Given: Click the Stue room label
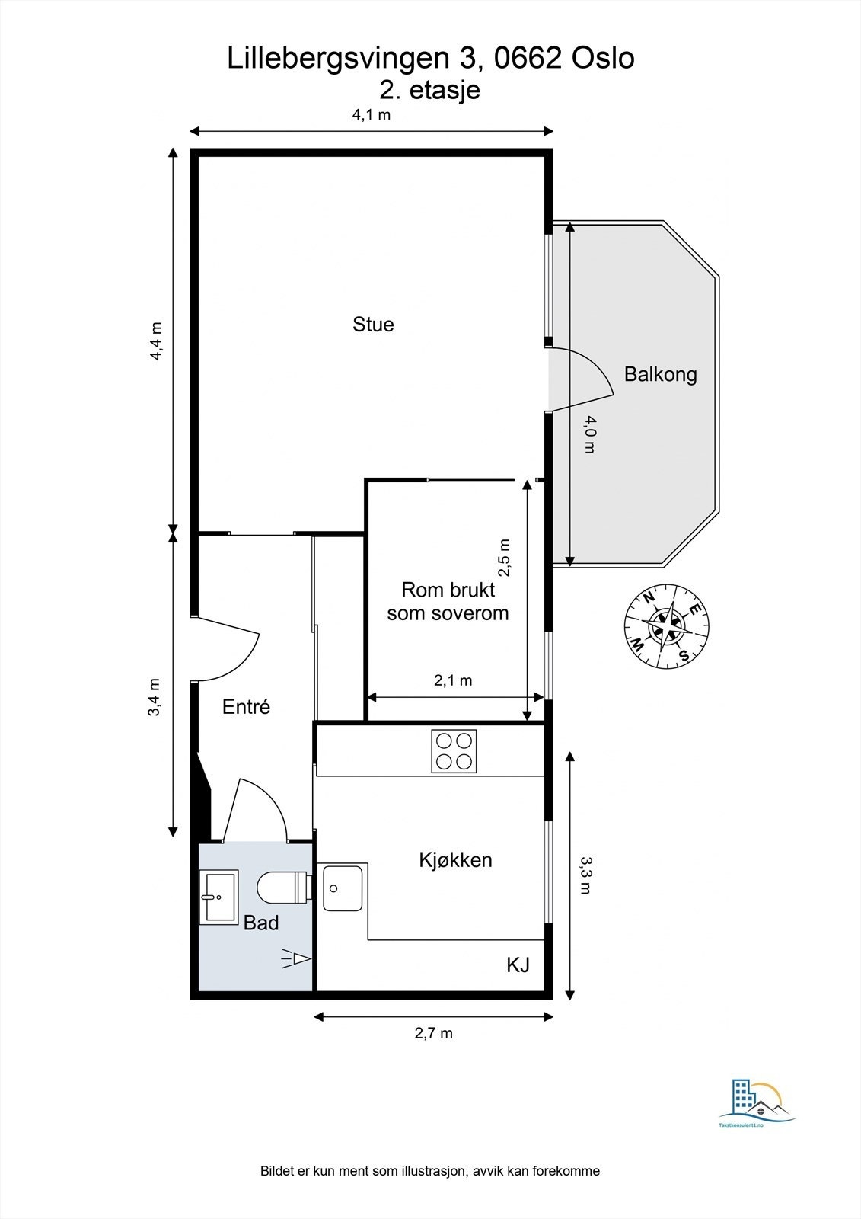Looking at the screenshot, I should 373,325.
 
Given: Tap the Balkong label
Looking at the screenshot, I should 660,374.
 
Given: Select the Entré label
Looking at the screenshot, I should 246,707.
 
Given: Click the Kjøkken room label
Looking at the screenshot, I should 455,860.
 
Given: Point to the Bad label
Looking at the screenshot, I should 261,923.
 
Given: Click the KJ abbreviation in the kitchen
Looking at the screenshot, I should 518,965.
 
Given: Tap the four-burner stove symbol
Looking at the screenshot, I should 454,750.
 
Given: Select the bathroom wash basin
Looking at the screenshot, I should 218,897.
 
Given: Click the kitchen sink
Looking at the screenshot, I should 343,887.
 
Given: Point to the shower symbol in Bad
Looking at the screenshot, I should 297,958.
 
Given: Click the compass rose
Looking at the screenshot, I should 667,627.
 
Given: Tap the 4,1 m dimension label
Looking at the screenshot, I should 371,115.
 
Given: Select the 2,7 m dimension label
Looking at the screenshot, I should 433,1033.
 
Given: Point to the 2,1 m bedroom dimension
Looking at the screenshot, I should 453,680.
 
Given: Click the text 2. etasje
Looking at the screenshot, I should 430,90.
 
